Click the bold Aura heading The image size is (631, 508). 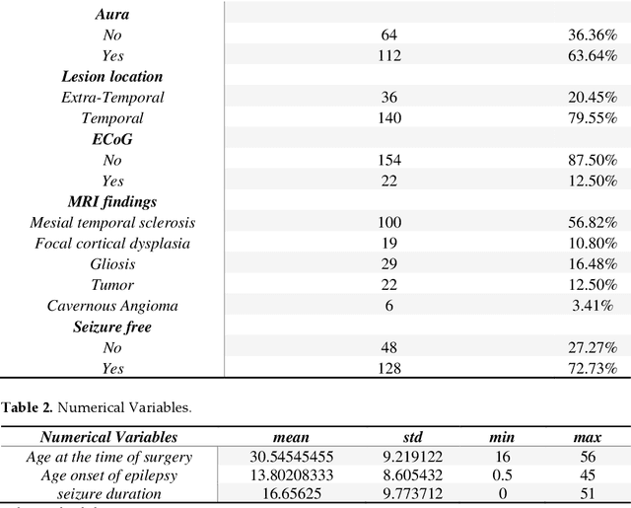(111, 14)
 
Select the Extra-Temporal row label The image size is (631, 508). (111, 98)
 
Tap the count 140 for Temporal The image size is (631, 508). (390, 118)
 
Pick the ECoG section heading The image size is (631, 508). (111, 139)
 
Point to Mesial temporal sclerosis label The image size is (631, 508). (111, 223)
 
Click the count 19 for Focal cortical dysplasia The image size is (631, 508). (390, 244)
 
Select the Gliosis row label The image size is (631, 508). (111, 264)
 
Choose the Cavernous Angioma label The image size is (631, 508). (111, 306)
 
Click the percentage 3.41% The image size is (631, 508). (595, 306)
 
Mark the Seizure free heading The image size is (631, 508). (111, 327)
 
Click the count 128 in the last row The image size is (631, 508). (390, 369)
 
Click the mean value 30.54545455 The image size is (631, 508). (291, 457)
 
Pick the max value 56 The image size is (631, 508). (589, 457)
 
